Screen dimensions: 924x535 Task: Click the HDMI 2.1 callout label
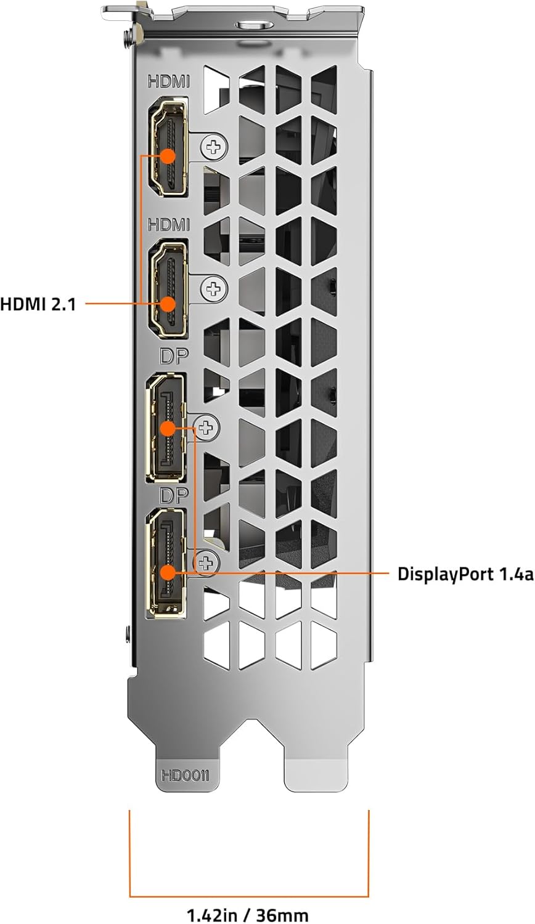point(38,304)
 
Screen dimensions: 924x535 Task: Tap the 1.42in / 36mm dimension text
point(248,914)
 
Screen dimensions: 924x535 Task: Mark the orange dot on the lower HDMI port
point(168,303)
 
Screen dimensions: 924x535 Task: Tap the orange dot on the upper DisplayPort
point(168,426)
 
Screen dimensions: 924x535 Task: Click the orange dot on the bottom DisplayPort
point(168,572)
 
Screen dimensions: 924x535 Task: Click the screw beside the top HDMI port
point(214,147)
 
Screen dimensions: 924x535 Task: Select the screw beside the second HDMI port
point(214,288)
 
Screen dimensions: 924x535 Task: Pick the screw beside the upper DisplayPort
point(207,426)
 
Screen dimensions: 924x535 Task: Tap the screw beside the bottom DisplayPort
point(207,562)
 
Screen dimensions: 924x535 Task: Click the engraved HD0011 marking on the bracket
point(185,775)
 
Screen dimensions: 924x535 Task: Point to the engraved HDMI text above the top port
point(168,81)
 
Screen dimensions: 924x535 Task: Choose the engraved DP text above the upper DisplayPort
point(173,357)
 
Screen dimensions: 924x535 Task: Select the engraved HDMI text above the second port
point(168,225)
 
